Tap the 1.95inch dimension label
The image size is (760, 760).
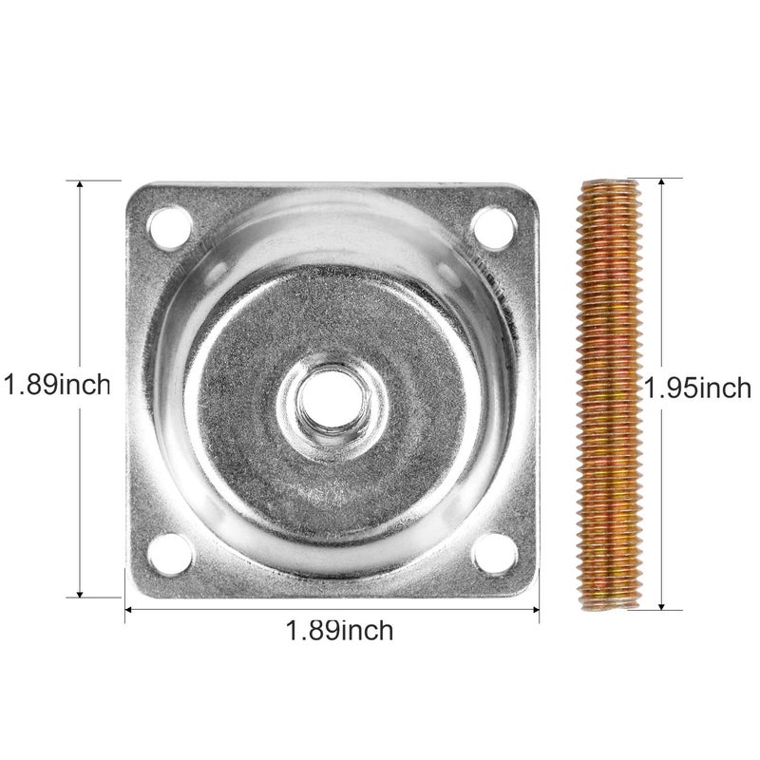pos(697,389)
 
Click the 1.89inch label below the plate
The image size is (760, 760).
pos(339,630)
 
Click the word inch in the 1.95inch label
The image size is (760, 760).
pos(725,389)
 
